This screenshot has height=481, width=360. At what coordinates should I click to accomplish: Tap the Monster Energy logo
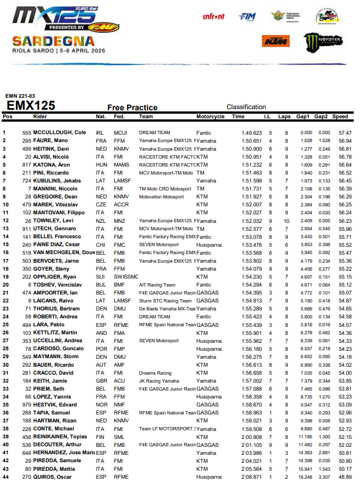point(322,41)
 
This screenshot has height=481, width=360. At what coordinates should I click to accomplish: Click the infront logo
point(213,16)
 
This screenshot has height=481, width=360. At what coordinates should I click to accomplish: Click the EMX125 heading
point(31,105)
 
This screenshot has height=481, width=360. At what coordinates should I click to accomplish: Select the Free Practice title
point(132,107)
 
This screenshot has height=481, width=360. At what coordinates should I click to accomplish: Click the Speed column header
point(340,117)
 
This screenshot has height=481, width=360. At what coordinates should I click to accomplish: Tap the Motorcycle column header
point(210,117)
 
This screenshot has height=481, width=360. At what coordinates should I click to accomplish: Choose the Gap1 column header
point(303,117)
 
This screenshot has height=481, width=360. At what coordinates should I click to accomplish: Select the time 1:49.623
point(251,132)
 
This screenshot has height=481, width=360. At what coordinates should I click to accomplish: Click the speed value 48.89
point(345,476)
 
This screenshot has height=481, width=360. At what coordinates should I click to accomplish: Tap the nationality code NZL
point(101,220)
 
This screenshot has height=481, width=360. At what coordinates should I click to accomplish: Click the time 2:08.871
point(251,476)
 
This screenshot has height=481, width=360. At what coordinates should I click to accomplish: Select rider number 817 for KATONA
point(26,164)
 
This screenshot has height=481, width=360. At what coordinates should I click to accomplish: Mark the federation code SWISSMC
point(123,276)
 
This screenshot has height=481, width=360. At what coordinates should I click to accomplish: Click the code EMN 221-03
point(19,96)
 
